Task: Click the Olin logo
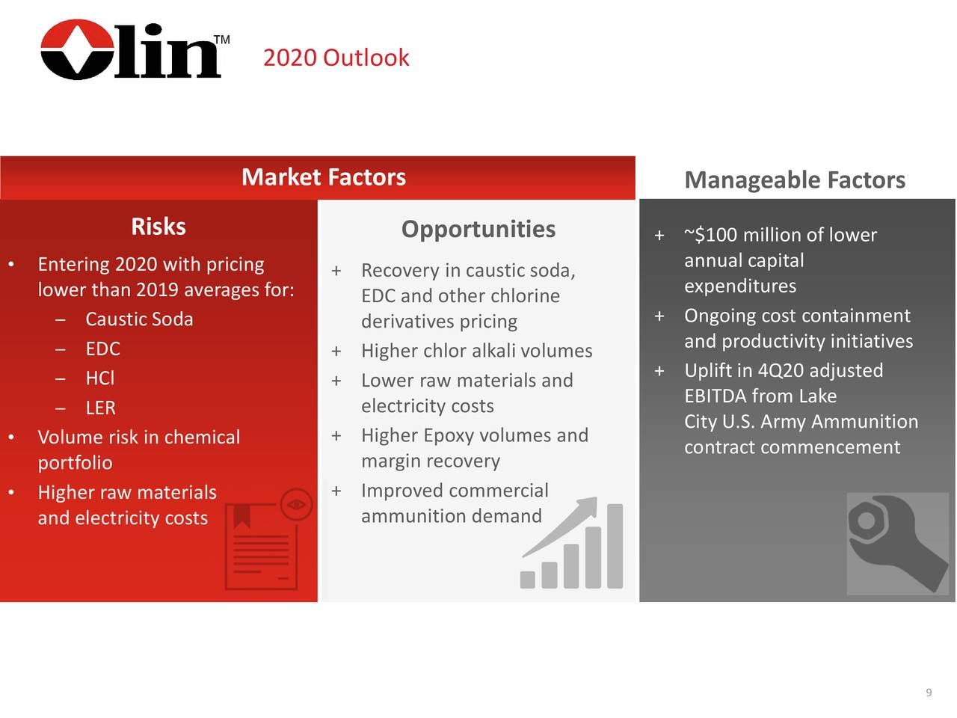pos(132,50)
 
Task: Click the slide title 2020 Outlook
pos(336,58)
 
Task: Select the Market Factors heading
pos(323,177)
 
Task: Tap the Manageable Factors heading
pos(794,180)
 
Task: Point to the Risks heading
pos(159,227)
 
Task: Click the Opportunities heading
pos(478,229)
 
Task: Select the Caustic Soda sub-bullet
pos(139,319)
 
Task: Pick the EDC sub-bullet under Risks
pos(102,349)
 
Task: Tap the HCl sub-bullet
pos(99,378)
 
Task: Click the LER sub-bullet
pos(100,408)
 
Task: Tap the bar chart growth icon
pos(573,544)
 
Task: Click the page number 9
pos(929,693)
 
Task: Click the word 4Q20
pos(781,371)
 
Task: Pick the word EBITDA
pos(716,396)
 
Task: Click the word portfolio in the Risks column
pos(75,464)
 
